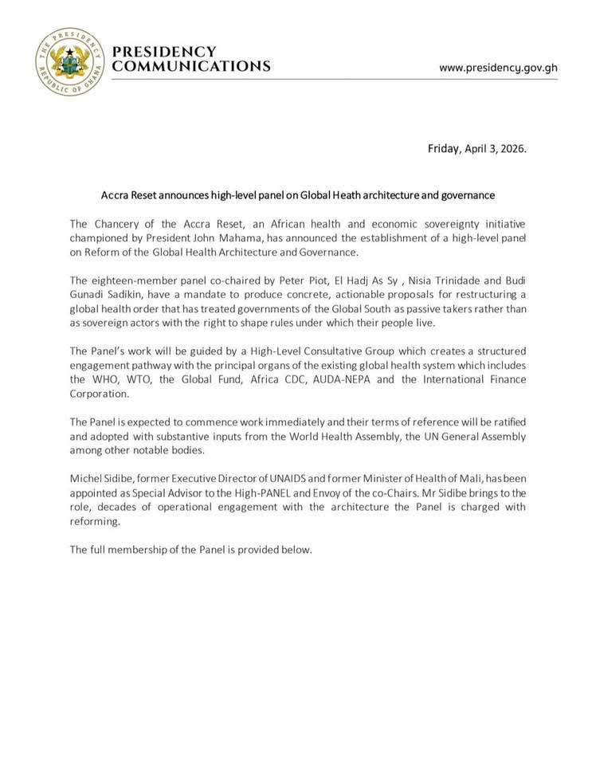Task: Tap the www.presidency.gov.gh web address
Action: pyautogui.click(x=498, y=68)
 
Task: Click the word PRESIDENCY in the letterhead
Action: pyautogui.click(x=164, y=52)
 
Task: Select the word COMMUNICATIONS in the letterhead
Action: pyautogui.click(x=191, y=67)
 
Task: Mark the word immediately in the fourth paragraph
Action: pyautogui.click(x=304, y=422)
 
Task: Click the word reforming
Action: pyautogui.click(x=95, y=522)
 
